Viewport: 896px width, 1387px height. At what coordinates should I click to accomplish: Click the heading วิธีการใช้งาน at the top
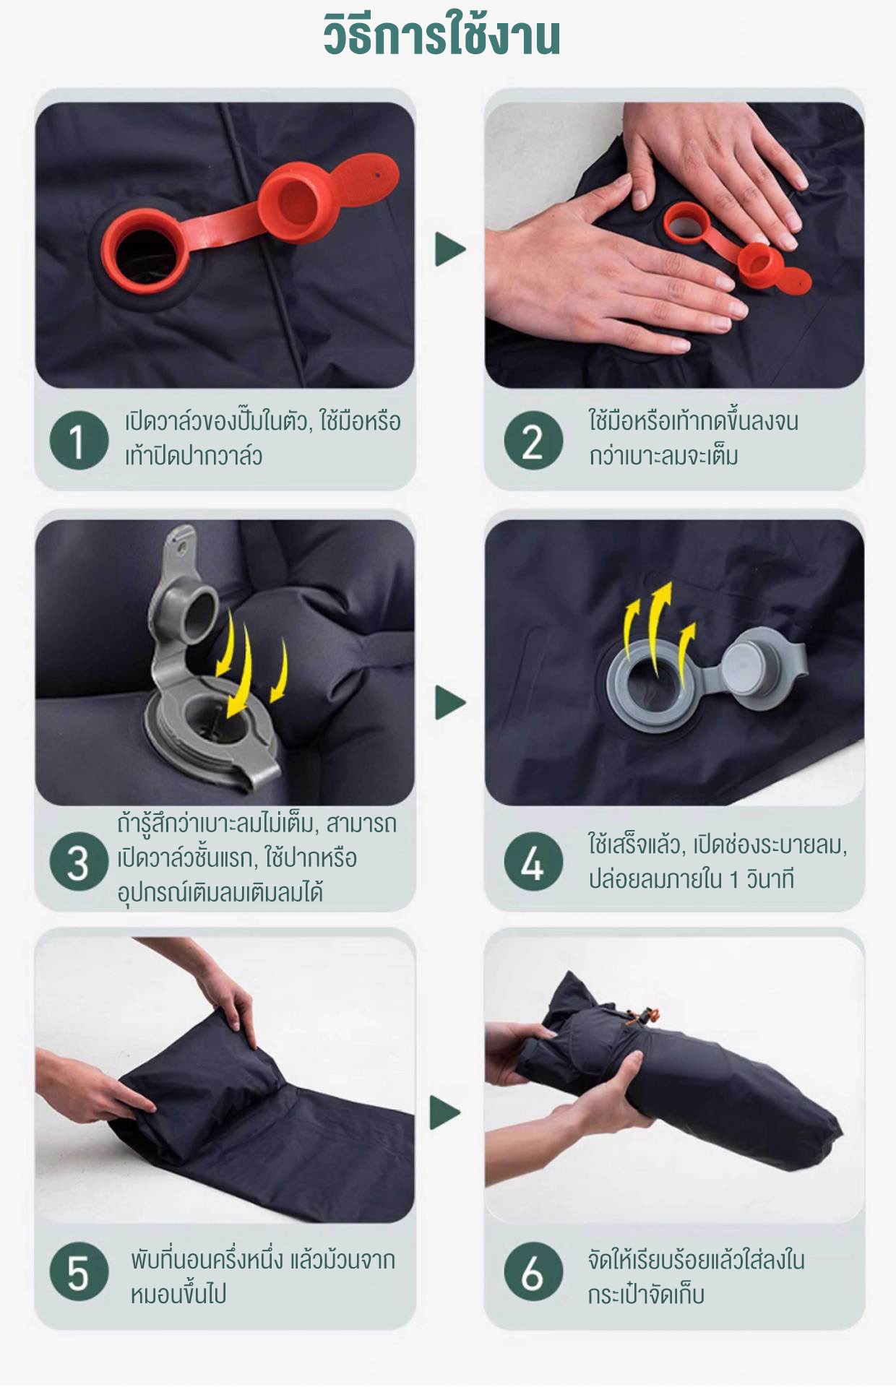(441, 35)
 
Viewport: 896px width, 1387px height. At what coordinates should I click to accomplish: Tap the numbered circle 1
(79, 440)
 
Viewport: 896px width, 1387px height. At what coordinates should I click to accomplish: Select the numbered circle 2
(533, 440)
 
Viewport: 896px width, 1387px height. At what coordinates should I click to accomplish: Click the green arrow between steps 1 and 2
(449, 249)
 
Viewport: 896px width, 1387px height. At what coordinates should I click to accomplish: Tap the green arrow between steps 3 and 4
(449, 702)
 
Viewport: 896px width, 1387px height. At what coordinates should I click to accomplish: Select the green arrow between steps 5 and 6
(445, 1112)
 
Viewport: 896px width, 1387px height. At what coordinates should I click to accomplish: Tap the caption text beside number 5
(262, 1276)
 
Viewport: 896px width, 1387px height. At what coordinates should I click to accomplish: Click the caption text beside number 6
(696, 1276)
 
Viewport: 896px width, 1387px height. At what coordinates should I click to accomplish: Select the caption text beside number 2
(693, 438)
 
